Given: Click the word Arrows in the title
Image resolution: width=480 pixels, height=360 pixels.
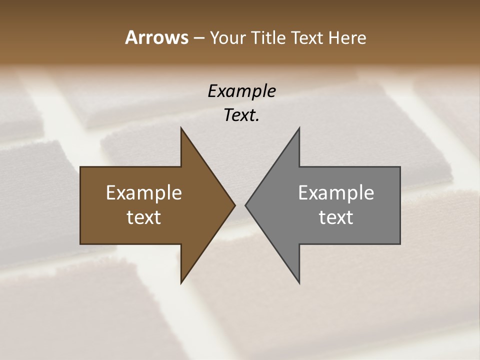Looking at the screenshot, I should (156, 37).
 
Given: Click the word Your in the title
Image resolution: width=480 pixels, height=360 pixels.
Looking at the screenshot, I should (227, 37).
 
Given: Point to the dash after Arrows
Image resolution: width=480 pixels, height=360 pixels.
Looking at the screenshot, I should (198, 38).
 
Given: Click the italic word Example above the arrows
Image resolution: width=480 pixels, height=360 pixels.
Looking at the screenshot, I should (241, 91).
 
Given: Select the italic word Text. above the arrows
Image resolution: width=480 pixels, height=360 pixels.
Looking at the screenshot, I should (241, 115).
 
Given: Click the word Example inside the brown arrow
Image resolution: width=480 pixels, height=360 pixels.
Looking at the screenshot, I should (144, 192).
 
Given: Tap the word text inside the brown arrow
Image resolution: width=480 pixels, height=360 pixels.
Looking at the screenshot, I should (144, 217).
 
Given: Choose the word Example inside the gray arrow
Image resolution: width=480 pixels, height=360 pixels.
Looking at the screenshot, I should (336, 192).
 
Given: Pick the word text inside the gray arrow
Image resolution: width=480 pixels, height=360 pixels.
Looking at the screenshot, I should (336, 217).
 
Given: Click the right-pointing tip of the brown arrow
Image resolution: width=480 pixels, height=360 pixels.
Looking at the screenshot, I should (235, 205).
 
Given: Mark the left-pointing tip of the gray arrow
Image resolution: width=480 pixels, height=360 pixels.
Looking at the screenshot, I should (245, 205).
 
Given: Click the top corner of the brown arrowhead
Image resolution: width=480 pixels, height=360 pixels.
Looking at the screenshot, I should (181, 128).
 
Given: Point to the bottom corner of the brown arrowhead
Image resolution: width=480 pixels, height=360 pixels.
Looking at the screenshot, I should (181, 283).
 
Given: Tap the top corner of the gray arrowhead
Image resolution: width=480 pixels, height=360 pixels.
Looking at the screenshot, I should (299, 128).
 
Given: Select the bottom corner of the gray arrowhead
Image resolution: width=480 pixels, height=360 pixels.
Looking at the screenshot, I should (299, 283).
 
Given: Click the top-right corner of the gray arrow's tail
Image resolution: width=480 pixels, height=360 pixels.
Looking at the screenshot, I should (400, 167).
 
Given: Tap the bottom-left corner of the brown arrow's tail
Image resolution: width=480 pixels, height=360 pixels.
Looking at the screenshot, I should (80, 244).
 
